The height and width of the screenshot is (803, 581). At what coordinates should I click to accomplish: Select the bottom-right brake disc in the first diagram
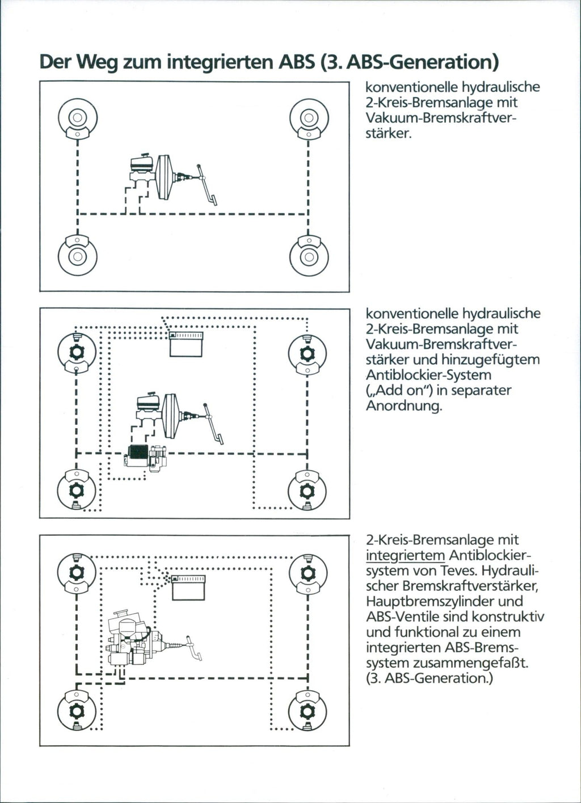pyautogui.click(x=309, y=256)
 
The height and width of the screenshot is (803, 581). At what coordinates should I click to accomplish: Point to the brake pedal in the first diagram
pyautogui.click(x=208, y=184)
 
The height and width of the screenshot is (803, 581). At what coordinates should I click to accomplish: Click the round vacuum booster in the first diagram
pyautogui.click(x=165, y=177)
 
